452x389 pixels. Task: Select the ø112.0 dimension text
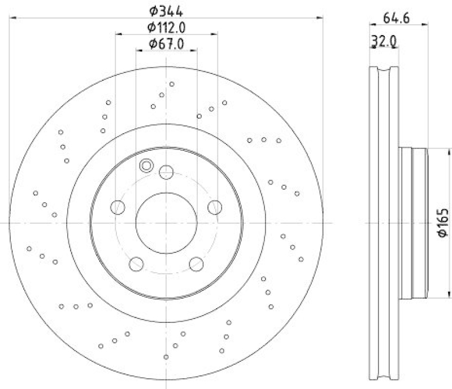[167, 27]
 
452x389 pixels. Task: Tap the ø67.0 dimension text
[167, 43]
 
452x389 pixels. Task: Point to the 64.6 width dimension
[396, 18]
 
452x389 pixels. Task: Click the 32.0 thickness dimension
[383, 41]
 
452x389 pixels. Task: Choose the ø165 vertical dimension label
[442, 223]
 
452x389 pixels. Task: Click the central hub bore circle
[166, 223]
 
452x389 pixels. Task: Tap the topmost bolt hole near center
[166, 172]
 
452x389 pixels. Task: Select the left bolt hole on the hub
[118, 207]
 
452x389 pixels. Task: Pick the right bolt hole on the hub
[214, 207]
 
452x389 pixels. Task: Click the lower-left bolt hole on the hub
[136, 264]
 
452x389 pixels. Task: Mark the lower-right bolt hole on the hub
[196, 264]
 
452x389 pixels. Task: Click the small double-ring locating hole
[146, 165]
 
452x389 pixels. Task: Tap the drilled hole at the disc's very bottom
[166, 356]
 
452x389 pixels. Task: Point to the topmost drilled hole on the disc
[172, 84]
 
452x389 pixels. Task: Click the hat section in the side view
[412, 223]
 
